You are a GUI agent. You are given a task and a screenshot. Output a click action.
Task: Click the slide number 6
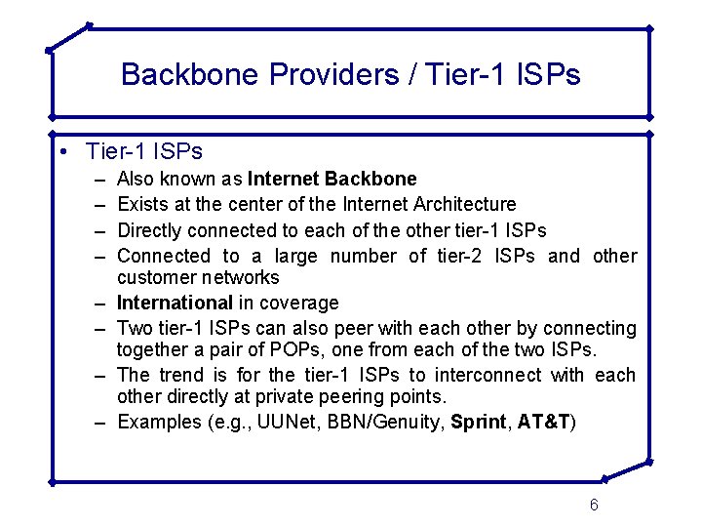(x=594, y=505)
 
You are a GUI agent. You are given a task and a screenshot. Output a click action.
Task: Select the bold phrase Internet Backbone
(x=332, y=179)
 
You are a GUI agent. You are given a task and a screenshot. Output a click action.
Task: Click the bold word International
(x=175, y=303)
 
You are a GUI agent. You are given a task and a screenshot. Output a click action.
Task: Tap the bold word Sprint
(x=479, y=422)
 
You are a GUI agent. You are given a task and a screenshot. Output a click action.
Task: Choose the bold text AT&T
(x=544, y=422)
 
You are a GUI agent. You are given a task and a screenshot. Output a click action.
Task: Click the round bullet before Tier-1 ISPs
(x=62, y=152)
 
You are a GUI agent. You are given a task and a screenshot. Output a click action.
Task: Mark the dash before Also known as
(x=100, y=180)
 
